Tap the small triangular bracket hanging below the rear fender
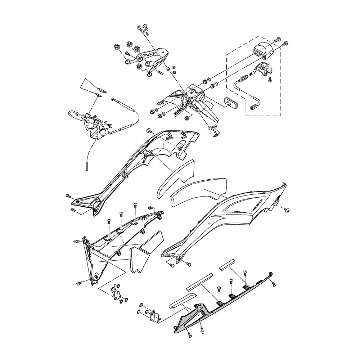(214, 130)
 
